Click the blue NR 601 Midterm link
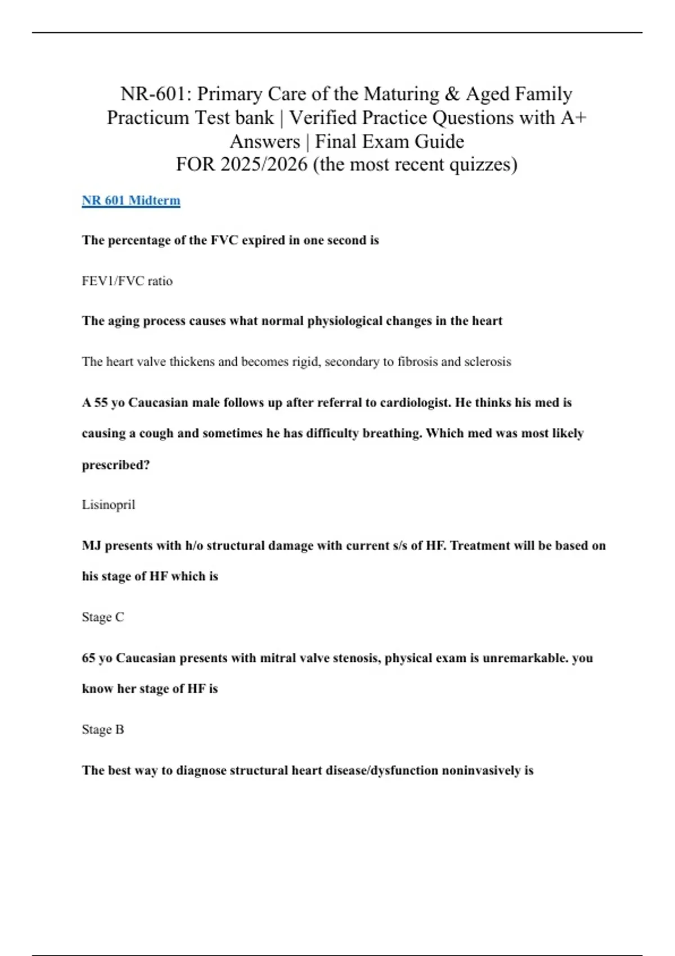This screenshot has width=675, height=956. (131, 201)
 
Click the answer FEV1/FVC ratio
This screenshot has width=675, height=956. (127, 281)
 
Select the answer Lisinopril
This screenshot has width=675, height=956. (109, 505)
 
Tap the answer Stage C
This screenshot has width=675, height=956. (103, 617)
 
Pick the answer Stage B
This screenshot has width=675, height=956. (103, 730)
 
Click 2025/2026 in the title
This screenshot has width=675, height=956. (264, 165)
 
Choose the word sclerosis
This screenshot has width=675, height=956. (487, 362)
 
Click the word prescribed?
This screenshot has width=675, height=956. (116, 465)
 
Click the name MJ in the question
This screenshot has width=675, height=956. (92, 545)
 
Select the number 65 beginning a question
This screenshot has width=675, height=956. (89, 658)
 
